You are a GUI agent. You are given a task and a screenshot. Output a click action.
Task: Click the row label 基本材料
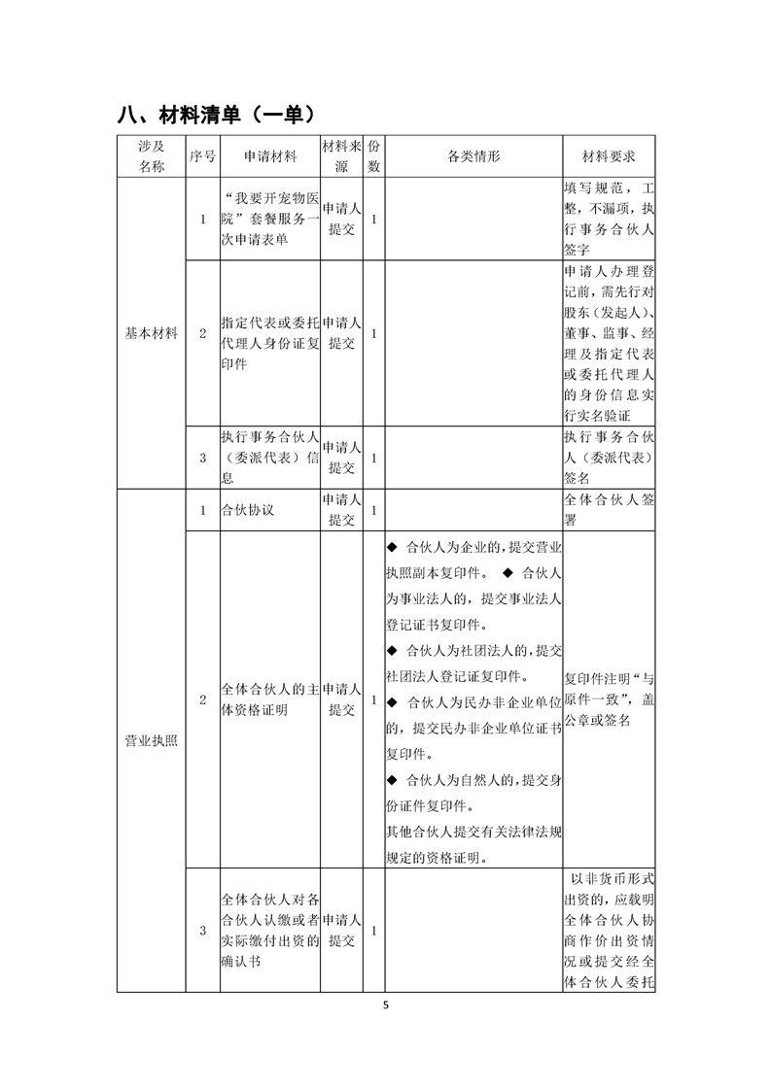pos(151,333)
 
